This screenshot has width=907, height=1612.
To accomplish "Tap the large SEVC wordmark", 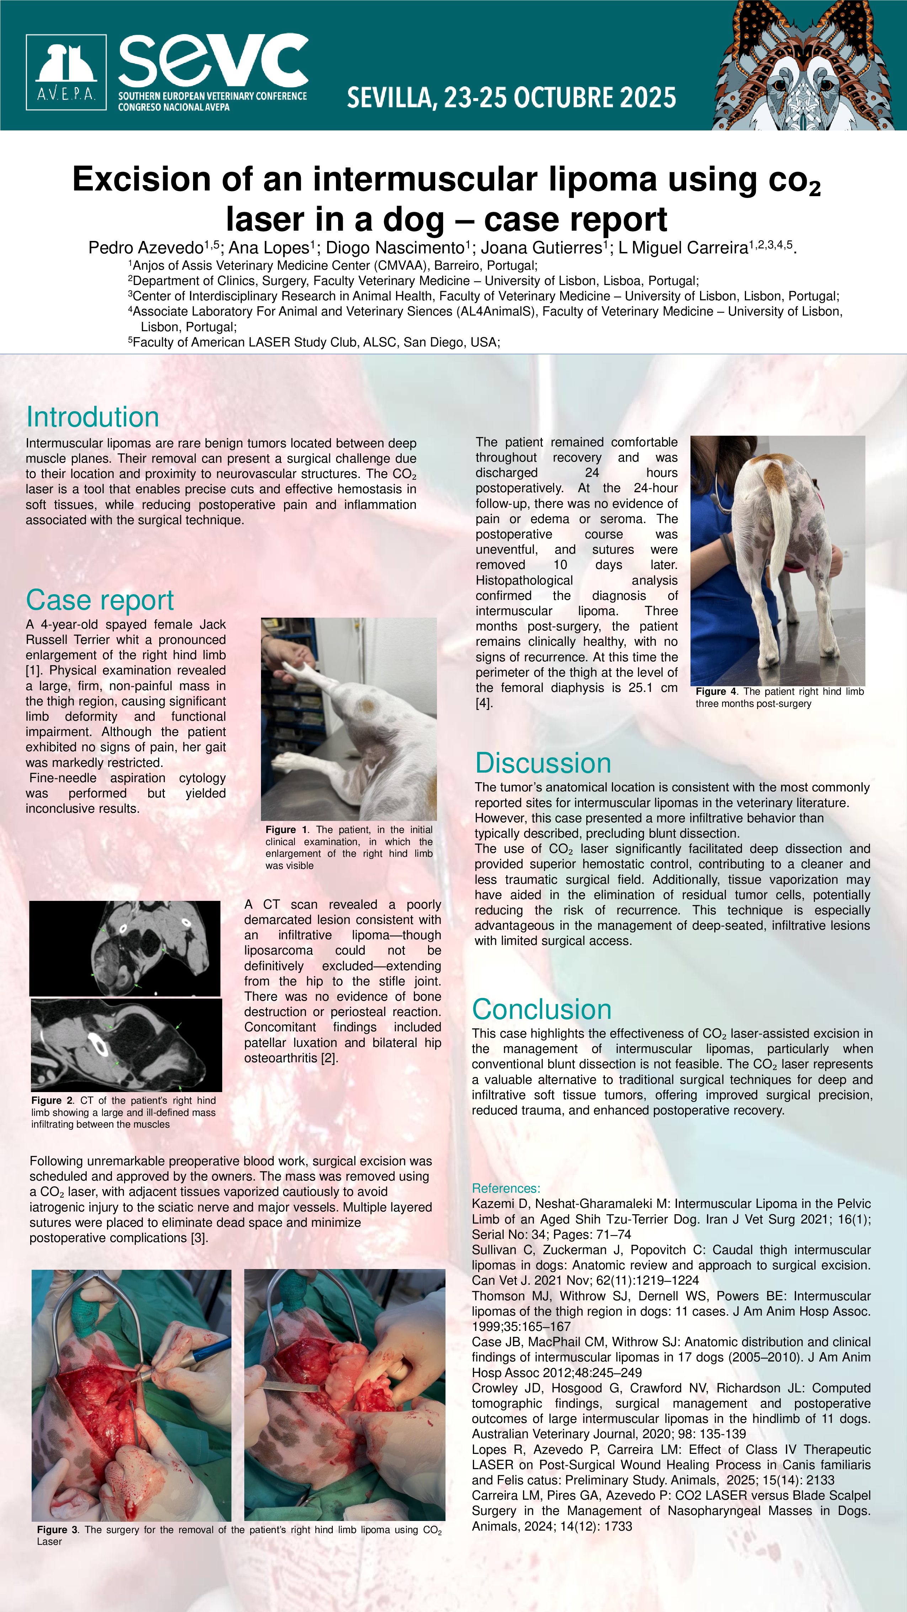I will click(x=213, y=61).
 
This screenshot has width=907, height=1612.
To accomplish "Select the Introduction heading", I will click(x=93, y=417).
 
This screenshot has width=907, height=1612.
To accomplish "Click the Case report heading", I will click(x=100, y=600).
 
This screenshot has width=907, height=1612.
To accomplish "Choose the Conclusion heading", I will click(x=541, y=1009).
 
